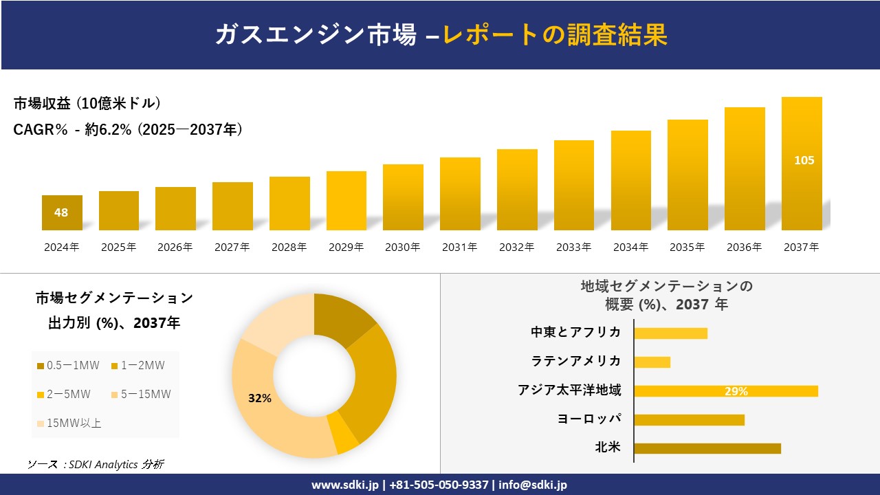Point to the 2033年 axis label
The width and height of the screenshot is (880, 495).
click(x=573, y=247)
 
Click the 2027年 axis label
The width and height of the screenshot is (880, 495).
click(x=232, y=247)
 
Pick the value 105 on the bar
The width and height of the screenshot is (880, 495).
click(x=804, y=160)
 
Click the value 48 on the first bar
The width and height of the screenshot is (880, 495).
click(x=61, y=212)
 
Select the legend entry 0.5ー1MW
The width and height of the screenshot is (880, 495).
click(x=68, y=366)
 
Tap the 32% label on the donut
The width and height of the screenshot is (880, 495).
click(x=260, y=398)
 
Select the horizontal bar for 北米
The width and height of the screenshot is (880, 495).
click(x=707, y=448)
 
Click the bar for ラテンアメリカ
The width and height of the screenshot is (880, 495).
click(x=652, y=362)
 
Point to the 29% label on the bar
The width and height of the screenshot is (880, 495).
click(x=736, y=391)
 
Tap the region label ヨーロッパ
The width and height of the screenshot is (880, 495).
click(x=589, y=419)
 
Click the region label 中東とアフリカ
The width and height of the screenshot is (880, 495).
click(x=575, y=332)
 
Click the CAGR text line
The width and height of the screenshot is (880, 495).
click(x=128, y=130)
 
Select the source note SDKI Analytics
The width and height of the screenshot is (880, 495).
click(x=96, y=465)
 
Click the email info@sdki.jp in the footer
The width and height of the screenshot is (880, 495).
click(x=533, y=485)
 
